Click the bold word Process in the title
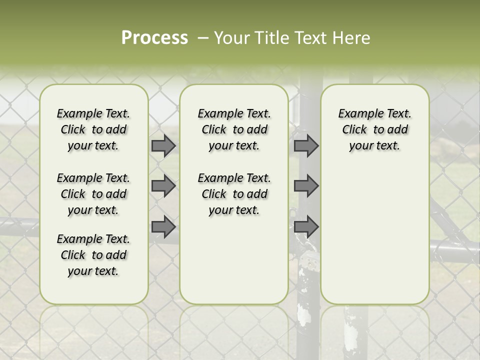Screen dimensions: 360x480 [x=154, y=38]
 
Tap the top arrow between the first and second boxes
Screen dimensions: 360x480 [x=163, y=146]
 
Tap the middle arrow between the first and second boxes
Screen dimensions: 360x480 [x=163, y=186]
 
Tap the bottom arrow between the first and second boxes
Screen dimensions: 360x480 [x=163, y=227]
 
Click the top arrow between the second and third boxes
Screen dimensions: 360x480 [x=306, y=146]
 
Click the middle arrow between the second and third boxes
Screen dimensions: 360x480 [x=306, y=186]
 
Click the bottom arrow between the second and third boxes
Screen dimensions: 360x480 [x=306, y=227]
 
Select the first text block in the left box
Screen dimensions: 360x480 [x=93, y=129]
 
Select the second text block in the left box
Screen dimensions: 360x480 [x=93, y=194]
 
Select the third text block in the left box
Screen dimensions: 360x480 [x=93, y=255]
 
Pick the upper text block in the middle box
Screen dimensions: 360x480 [x=234, y=129]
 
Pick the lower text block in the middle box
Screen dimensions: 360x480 [x=234, y=194]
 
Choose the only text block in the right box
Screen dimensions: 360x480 [x=374, y=129]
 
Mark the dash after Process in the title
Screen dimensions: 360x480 [x=203, y=38]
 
